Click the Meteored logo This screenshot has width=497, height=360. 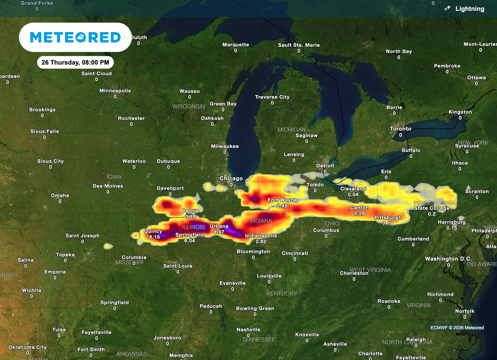[75, 37]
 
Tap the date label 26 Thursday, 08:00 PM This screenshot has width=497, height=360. [76, 62]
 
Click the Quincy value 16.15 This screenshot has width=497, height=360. [153, 237]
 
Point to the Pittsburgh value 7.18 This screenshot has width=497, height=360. [388, 224]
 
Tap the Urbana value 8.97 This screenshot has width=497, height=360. [219, 232]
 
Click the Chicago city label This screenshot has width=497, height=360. [231, 179]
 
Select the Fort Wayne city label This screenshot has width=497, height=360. [282, 200]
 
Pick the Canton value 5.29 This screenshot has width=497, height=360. [360, 213]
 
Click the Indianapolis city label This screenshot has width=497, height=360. [261, 235]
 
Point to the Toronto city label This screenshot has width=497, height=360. [400, 129]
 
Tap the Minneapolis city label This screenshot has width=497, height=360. [115, 91]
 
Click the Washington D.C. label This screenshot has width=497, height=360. [448, 259]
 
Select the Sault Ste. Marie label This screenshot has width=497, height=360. [299, 45]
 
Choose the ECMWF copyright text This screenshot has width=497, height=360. [457, 327]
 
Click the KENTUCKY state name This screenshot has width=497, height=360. [282, 294]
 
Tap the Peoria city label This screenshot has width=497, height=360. [190, 211]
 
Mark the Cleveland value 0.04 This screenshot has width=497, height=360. [353, 195]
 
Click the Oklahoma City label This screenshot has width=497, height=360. [27, 347]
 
